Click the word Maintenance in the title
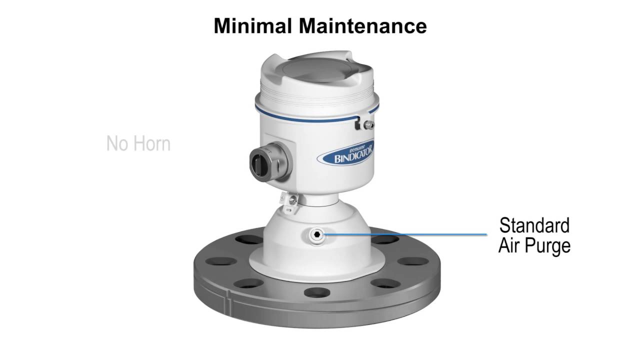(363, 26)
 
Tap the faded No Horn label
(138, 144)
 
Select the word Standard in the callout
(534, 225)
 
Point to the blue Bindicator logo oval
(346, 153)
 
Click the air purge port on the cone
(316, 234)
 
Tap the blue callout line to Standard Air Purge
(405, 234)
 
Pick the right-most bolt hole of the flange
(411, 261)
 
